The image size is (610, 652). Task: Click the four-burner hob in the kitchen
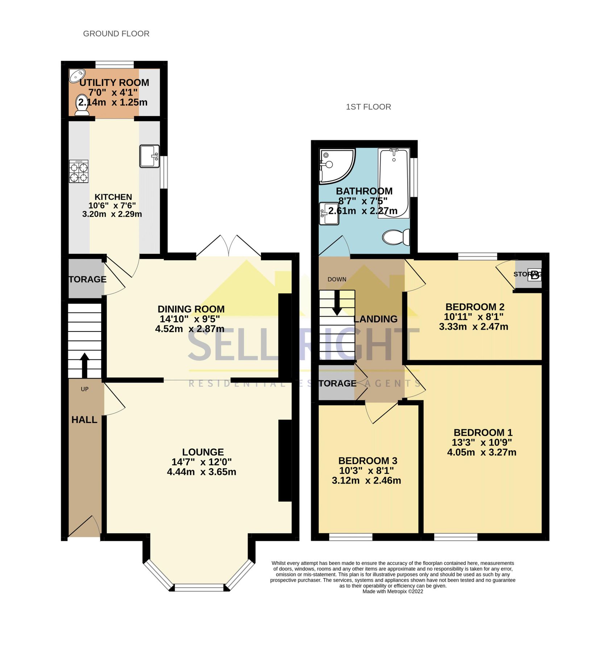[79, 172]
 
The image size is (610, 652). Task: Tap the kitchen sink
[149, 156]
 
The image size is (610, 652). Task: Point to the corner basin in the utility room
[77, 75]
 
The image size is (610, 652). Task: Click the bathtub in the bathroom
[394, 183]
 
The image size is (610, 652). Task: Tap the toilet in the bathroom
[396, 237]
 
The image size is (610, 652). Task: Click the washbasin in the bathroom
[329, 214]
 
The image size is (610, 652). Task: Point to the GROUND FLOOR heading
[116, 34]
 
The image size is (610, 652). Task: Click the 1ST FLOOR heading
[368, 107]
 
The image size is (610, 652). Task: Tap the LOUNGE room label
[203, 452]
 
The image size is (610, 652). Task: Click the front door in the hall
[84, 527]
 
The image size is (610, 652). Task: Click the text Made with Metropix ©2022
[393, 592]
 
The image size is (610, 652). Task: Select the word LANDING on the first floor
[375, 319]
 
